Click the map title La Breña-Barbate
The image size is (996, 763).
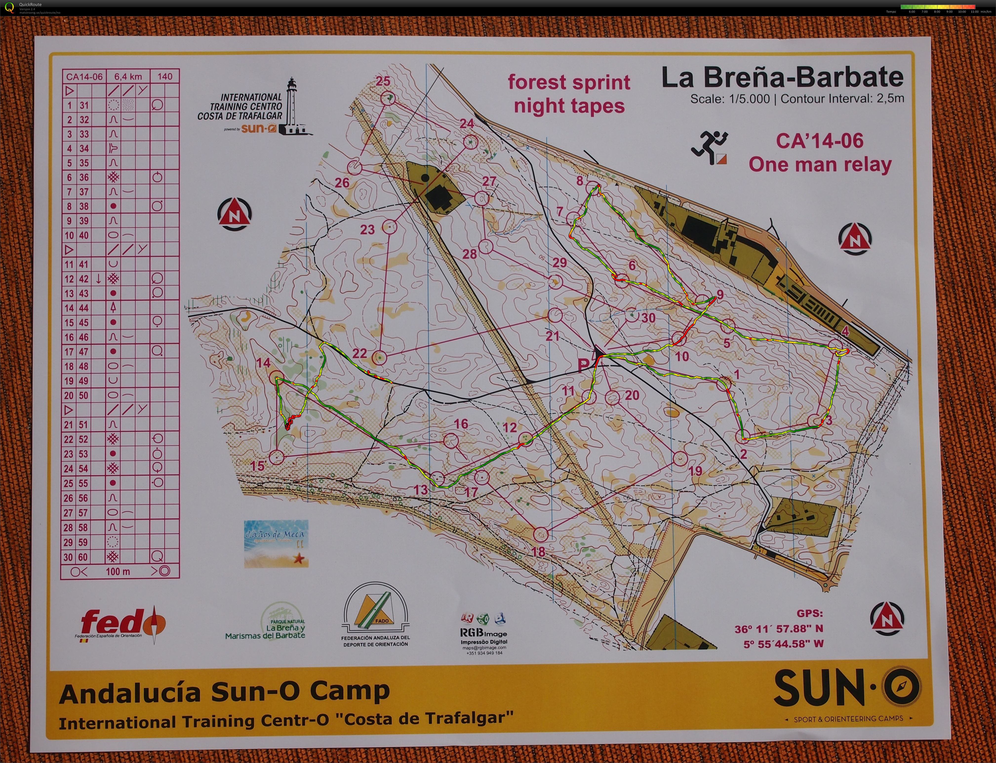782,78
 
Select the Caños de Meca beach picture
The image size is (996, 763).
276,543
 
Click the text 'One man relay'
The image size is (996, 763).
820,164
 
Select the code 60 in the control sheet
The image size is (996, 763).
83,557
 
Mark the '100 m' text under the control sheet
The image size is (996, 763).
118,571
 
